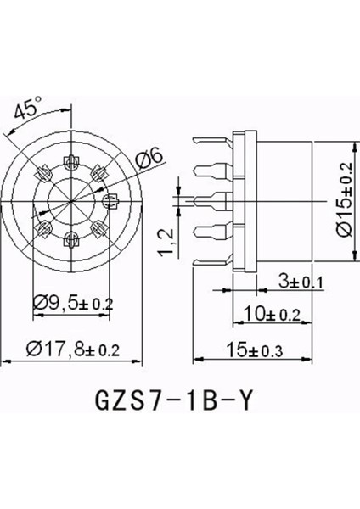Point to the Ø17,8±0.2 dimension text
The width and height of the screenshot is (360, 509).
click(73, 349)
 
